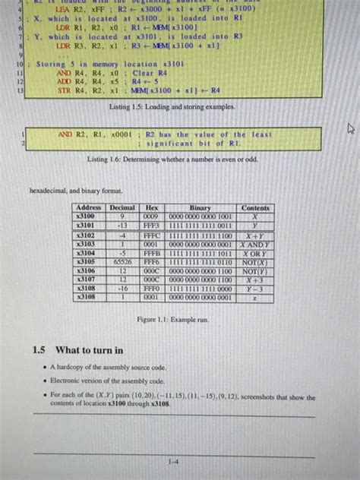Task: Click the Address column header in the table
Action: [89, 207]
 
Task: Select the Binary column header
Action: [200, 207]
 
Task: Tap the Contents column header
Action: [255, 207]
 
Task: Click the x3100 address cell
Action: [89, 216]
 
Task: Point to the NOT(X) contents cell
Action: [255, 261]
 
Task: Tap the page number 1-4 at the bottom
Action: [174, 460]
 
